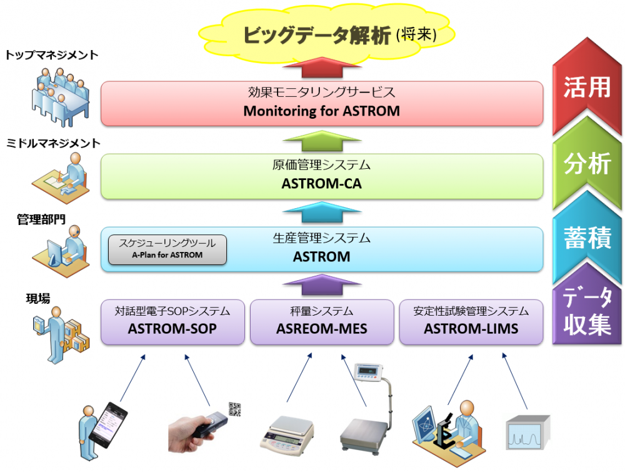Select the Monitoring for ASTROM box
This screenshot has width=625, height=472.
pyautogui.click(x=321, y=104)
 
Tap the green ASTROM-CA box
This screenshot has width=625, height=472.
pyautogui.click(x=321, y=177)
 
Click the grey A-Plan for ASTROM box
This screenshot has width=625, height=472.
pyautogui.click(x=167, y=249)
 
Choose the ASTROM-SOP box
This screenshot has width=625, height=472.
pyautogui.click(x=172, y=321)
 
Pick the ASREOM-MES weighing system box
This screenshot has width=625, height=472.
pyautogui.click(x=322, y=321)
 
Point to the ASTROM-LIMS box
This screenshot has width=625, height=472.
pyautogui.click(x=471, y=321)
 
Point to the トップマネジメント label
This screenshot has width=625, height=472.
pyautogui.click(x=51, y=55)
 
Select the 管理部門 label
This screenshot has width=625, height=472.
pyautogui.click(x=41, y=218)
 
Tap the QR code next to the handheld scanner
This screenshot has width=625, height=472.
pyautogui.click(x=235, y=409)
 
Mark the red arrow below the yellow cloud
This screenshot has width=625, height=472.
pyautogui.click(x=321, y=68)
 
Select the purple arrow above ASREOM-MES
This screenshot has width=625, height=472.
pyautogui.click(x=321, y=286)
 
